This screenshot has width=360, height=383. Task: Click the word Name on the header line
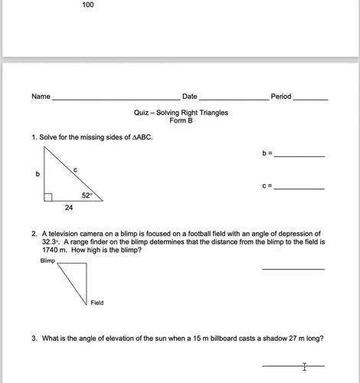pos(41,97)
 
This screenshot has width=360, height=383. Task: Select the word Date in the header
pos(189,97)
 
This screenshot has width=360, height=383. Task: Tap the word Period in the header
pos(280,97)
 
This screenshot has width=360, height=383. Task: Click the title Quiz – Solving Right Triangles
pos(181,113)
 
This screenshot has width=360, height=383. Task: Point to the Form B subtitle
pos(181,121)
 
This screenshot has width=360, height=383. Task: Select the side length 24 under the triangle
pos(69,208)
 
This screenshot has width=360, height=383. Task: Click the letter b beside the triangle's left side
pos(37,175)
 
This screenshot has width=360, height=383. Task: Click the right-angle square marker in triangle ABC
pos(47,197)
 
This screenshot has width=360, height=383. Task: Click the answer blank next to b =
pos(299,155)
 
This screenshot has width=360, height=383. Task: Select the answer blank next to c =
pos(299,188)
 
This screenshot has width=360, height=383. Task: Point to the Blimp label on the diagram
pos(47,261)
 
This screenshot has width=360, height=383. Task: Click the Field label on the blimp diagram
pos(97,303)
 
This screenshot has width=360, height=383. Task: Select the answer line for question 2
pos(293,268)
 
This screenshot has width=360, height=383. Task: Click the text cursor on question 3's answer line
pos(305,367)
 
